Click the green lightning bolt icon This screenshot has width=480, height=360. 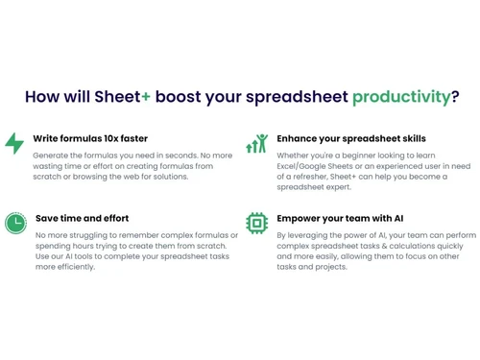pos(14,144)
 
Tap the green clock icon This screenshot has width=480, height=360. pos(14,223)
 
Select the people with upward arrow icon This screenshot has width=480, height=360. pos(256,144)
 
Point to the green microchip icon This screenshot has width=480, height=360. pos(256,223)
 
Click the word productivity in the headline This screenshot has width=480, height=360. pos(400,96)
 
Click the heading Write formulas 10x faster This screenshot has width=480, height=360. pos(90,138)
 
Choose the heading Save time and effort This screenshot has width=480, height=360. pos(82,218)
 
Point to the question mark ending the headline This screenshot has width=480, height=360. pos(454,96)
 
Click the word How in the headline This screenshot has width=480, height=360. pos(43,96)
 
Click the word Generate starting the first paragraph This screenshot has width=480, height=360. pos(52,154)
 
